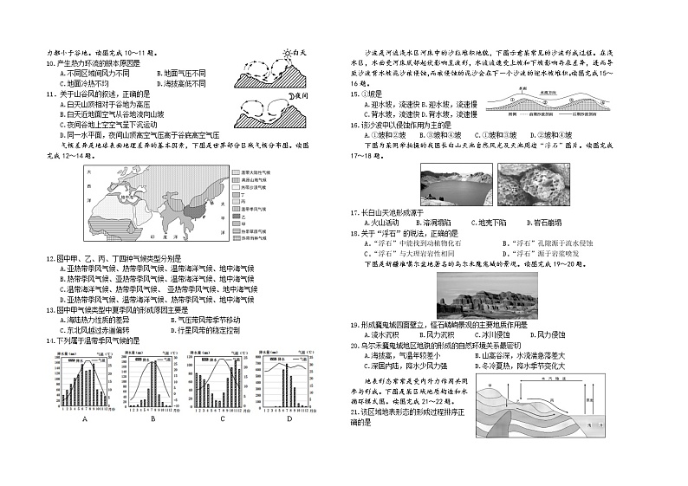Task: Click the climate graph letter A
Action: pyautogui.click(x=85, y=418)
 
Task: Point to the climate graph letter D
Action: pyautogui.click(x=289, y=418)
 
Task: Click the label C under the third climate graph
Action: pyautogui.click(x=222, y=418)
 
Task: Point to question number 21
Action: pyautogui.click(x=355, y=412)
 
